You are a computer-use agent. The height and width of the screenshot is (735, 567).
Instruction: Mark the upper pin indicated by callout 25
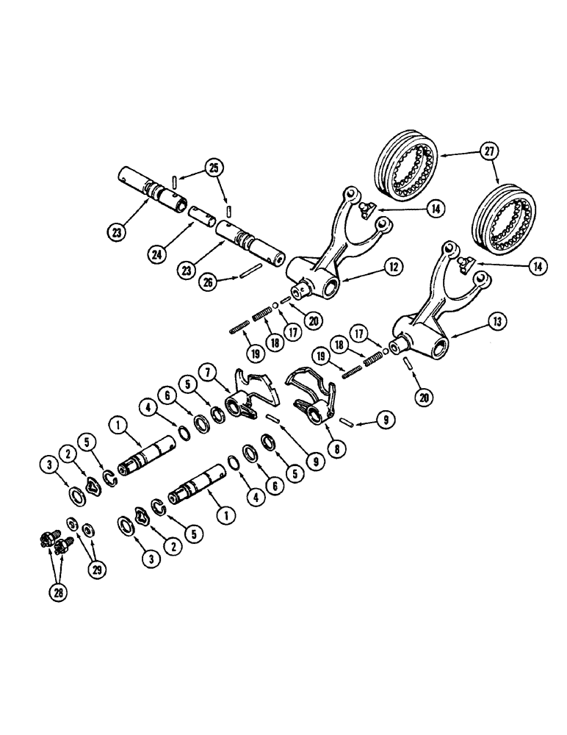(173, 181)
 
